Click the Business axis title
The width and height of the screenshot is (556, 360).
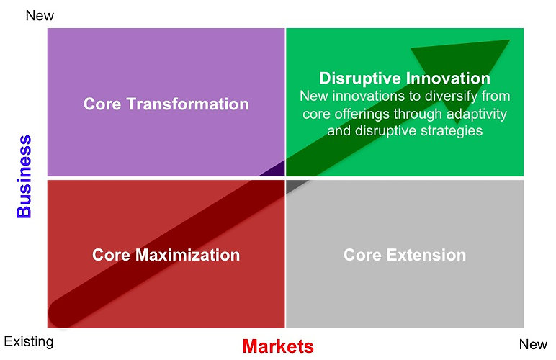pos(24,176)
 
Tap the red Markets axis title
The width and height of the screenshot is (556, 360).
pos(278,346)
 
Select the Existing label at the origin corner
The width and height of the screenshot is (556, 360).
pos(29,342)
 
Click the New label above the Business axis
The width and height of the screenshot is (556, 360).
pos(40,16)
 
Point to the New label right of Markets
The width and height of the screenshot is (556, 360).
pos(533,344)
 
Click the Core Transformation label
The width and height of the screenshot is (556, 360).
pos(166,104)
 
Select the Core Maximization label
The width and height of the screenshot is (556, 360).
pos(166,255)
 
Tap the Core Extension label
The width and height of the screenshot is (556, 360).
pos(405,255)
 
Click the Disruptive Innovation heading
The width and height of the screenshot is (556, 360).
pos(405,78)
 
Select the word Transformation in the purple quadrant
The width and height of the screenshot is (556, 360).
pos(187,104)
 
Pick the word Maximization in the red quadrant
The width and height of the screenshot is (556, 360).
pos(187,255)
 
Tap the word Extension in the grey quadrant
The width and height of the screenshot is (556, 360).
pos(426,255)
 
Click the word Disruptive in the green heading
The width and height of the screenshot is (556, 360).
pos(359,78)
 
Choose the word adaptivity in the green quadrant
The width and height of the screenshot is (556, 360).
pos(477,114)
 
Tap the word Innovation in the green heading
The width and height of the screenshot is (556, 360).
pos(448,78)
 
